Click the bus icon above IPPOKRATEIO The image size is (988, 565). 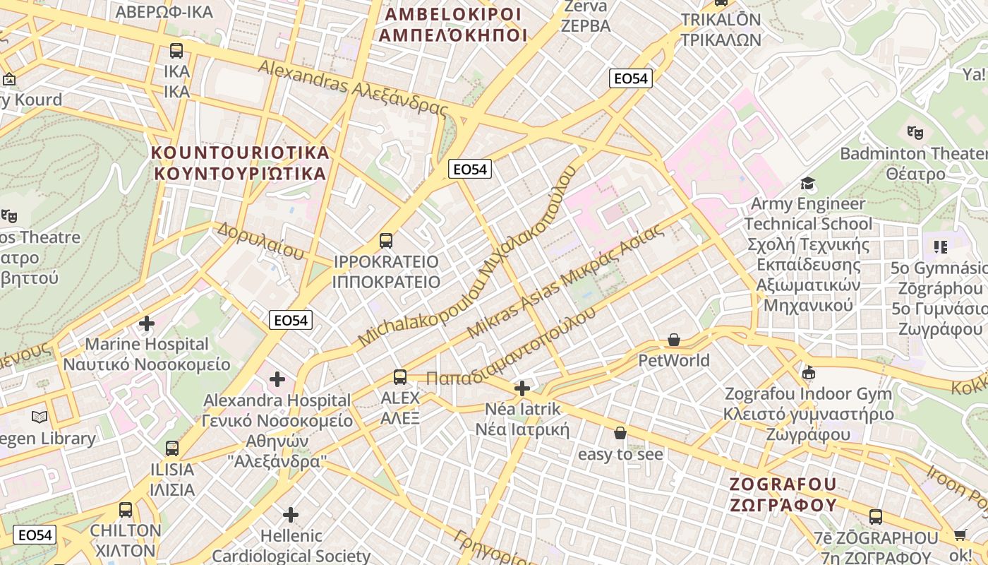(x=385, y=240)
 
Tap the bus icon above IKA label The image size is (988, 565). (x=176, y=51)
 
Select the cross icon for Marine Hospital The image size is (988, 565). (x=147, y=324)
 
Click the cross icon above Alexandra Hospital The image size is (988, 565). (x=277, y=380)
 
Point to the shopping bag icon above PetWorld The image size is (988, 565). (x=674, y=340)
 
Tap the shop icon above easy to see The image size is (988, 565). (x=620, y=433)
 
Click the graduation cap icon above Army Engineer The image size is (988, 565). (x=807, y=184)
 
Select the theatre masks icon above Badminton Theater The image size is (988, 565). (x=915, y=132)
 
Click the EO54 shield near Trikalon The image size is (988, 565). (x=631, y=78)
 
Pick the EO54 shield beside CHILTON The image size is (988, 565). (x=34, y=535)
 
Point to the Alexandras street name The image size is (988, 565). (x=353, y=88)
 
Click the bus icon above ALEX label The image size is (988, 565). (x=400, y=377)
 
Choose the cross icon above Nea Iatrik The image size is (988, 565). (x=522, y=388)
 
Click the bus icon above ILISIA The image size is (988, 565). (x=172, y=448)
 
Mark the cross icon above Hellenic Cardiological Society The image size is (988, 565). (x=291, y=515)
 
